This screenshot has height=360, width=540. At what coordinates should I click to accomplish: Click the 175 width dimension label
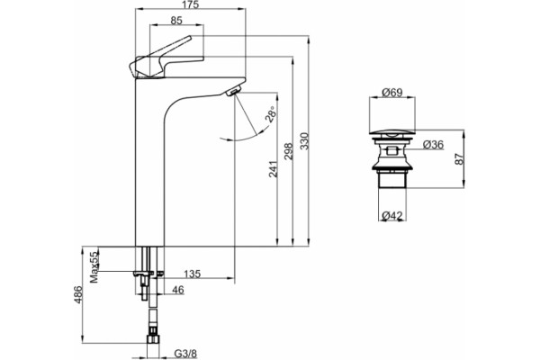click(191, 4)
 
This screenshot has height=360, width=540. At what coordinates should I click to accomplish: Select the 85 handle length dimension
click(176, 21)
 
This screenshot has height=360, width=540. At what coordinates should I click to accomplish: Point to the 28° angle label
click(271, 114)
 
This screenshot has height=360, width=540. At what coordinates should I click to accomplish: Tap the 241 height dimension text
click(273, 169)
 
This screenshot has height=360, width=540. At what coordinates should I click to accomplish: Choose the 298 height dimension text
click(288, 151)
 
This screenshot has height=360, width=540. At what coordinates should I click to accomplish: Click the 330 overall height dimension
click(304, 141)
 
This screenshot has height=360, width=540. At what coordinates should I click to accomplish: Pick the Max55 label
click(94, 267)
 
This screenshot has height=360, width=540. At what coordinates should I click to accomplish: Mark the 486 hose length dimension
click(78, 294)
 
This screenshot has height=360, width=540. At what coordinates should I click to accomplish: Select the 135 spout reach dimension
click(193, 274)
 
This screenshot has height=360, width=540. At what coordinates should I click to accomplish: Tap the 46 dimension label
click(177, 290)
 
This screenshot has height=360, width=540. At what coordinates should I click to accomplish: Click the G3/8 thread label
click(186, 354)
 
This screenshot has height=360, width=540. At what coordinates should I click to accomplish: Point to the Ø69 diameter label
click(392, 93)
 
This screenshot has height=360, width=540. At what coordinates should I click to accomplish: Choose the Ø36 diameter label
click(433, 145)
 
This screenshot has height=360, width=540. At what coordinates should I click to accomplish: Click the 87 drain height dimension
click(459, 158)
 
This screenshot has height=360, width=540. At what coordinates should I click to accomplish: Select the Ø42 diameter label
click(392, 216)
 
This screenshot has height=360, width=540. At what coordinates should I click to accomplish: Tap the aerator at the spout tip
click(233, 91)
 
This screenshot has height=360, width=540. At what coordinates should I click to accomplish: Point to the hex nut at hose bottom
click(153, 338)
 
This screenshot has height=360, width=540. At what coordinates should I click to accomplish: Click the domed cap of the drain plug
click(391, 133)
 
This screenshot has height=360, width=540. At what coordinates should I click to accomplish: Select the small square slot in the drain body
click(391, 151)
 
